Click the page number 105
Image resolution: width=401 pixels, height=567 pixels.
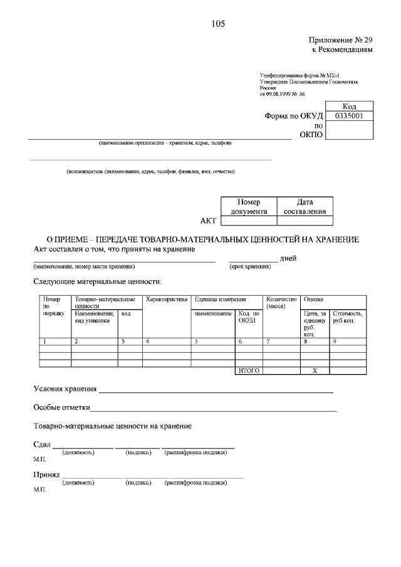coord(218,24)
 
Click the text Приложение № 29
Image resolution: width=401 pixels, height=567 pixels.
coord(342,39)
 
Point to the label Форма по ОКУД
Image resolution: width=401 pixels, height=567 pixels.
coord(294,116)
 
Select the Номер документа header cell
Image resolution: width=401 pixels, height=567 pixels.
coord(248,207)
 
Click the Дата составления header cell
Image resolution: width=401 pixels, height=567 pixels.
coord(305,207)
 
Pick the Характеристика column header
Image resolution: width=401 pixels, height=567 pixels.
coord(167,300)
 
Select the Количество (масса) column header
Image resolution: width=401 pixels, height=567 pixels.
coord(281,303)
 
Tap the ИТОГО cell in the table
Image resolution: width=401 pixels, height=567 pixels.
coord(249,371)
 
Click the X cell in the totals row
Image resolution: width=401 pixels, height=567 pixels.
coord(315,371)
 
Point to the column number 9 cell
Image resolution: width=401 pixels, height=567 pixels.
coord(348,341)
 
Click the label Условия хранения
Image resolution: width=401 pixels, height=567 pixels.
coord(65,389)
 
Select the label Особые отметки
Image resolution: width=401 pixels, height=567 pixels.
coord(61,408)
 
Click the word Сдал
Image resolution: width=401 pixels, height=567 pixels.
coord(41,444)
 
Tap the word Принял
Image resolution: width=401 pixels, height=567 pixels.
coord(46,475)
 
